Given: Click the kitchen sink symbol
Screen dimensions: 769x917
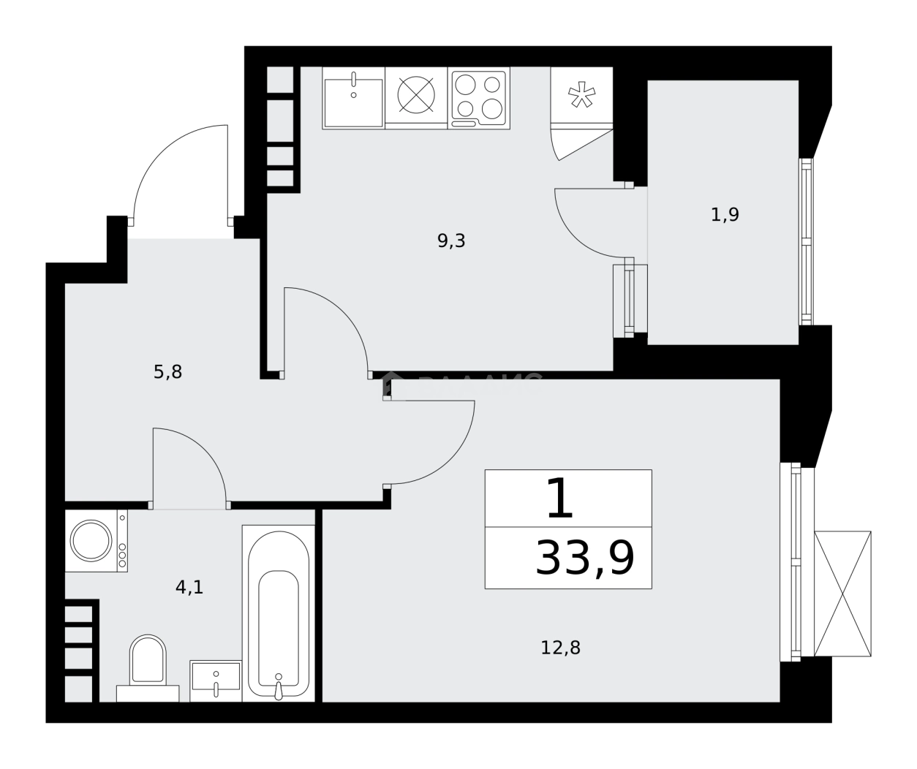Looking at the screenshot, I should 353,99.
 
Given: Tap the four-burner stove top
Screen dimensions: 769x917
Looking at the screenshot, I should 478,99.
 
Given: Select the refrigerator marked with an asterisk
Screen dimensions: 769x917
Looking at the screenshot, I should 582,95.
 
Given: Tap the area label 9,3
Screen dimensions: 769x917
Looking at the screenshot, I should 451,241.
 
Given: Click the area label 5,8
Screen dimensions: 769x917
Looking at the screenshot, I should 167,373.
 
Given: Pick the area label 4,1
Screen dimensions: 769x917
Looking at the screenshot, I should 189,586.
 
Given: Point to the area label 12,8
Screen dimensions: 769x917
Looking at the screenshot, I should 561,648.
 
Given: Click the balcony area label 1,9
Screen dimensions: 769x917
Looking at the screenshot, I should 725,215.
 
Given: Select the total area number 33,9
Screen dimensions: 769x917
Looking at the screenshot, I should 584,558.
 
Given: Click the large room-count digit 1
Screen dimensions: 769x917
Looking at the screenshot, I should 559,499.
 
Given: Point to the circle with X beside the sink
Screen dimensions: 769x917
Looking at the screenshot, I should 416,95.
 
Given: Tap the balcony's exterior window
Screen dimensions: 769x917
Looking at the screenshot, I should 806,241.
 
